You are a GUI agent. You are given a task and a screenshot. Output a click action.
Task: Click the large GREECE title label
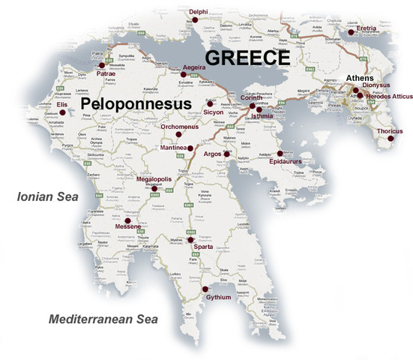point(248,58)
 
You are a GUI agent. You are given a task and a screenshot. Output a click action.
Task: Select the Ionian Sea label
point(46,198)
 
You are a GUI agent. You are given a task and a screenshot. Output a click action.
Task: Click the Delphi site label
point(199,12)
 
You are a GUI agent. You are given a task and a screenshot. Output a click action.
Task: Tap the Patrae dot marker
point(101,64)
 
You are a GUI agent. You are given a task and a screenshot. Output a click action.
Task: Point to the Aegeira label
point(193,67)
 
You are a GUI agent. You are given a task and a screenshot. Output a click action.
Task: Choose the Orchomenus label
point(181,127)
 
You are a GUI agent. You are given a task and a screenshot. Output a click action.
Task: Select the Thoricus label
point(391,131)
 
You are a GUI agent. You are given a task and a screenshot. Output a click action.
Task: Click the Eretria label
point(366,28)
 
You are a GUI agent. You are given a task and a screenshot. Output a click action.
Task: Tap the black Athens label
point(361,77)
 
